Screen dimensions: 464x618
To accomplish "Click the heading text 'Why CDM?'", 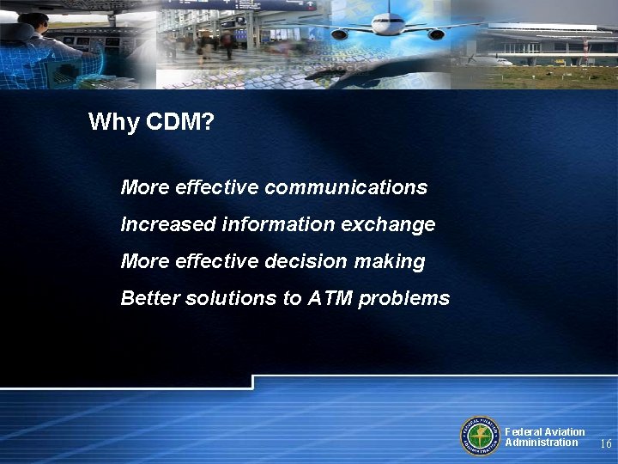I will pyautogui.click(x=151, y=122).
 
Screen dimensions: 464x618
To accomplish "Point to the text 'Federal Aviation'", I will pyautogui.click(x=545, y=432).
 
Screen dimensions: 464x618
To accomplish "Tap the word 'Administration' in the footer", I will pyautogui.click(x=542, y=443).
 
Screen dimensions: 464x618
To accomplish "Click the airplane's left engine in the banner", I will pyautogui.click(x=340, y=34).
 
